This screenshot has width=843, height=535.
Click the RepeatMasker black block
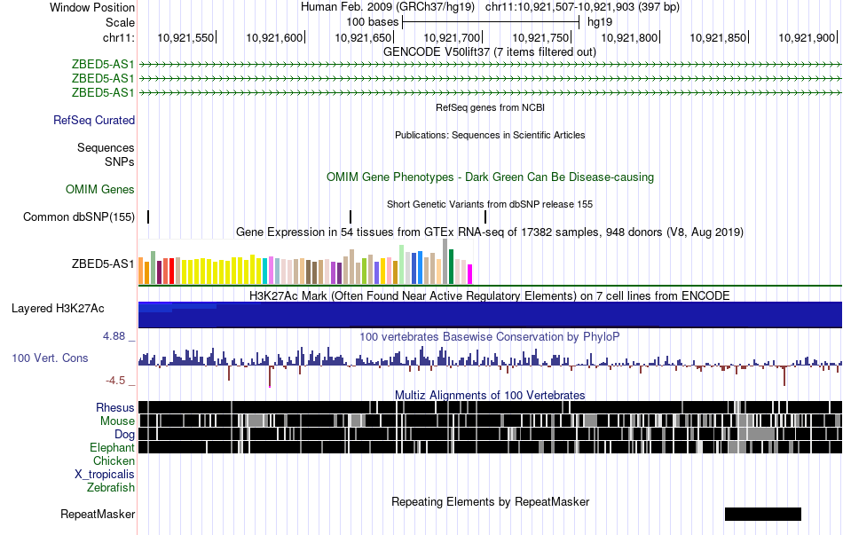point(763,514)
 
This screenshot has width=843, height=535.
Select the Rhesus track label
point(115,407)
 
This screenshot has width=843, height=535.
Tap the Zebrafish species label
point(111,488)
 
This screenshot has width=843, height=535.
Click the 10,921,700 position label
point(452,37)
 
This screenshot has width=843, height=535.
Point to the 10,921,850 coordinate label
point(718,37)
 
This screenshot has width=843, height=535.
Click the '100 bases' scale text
point(373,22)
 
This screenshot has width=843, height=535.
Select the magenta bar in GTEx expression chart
point(470,274)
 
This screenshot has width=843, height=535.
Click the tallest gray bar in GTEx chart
point(445,262)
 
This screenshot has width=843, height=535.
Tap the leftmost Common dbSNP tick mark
point(148,216)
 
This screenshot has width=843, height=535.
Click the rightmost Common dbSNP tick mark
point(485,216)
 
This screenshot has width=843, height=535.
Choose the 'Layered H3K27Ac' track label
point(58,308)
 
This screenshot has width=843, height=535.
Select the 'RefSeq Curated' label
point(94,120)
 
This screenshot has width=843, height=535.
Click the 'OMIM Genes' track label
point(100,189)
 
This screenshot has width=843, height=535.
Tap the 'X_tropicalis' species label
point(105,475)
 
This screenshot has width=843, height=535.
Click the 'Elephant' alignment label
point(112,447)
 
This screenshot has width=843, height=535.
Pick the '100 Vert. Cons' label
point(50,358)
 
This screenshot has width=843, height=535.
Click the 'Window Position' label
point(92,7)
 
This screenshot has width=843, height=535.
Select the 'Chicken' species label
point(114,460)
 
